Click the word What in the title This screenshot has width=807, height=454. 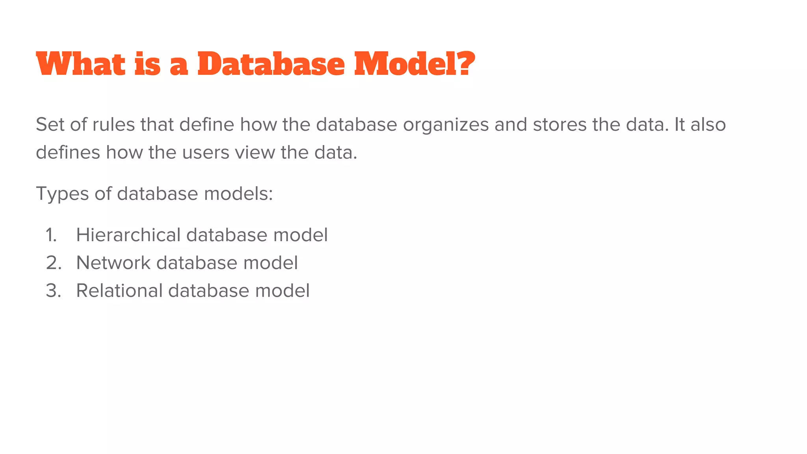coord(80,64)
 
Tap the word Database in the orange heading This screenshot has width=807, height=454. coord(271,64)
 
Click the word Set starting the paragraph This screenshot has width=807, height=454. coord(50,125)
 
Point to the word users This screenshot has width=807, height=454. coord(205,153)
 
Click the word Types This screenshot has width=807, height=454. coord(62,194)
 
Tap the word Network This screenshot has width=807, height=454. coord(113,263)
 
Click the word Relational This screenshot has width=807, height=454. coord(119,291)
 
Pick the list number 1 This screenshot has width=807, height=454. coord(51,235)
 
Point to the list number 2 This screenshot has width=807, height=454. coord(53,263)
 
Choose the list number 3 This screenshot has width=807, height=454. coord(53,291)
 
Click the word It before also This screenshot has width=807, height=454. coord(680,125)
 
